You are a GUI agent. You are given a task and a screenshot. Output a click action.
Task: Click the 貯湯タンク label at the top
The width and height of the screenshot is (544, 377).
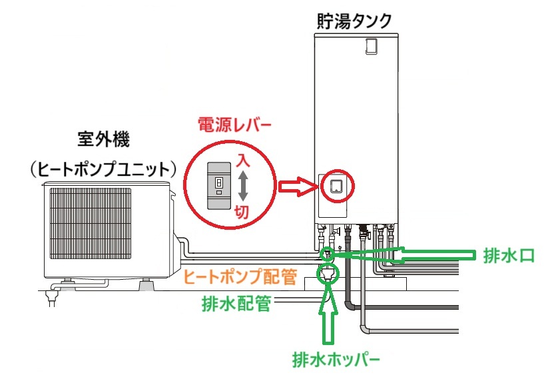[354, 20]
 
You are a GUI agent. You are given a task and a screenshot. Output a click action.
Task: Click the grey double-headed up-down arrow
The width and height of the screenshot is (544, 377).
[243, 185]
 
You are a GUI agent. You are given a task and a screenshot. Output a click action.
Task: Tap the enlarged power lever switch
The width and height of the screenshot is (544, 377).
[218, 186]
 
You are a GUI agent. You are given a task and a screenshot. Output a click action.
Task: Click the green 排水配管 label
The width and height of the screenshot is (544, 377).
[236, 304]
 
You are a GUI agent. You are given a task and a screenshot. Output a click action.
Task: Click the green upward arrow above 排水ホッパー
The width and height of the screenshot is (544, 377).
[327, 316]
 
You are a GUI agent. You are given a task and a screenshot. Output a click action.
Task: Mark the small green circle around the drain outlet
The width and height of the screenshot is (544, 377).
[327, 254]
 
